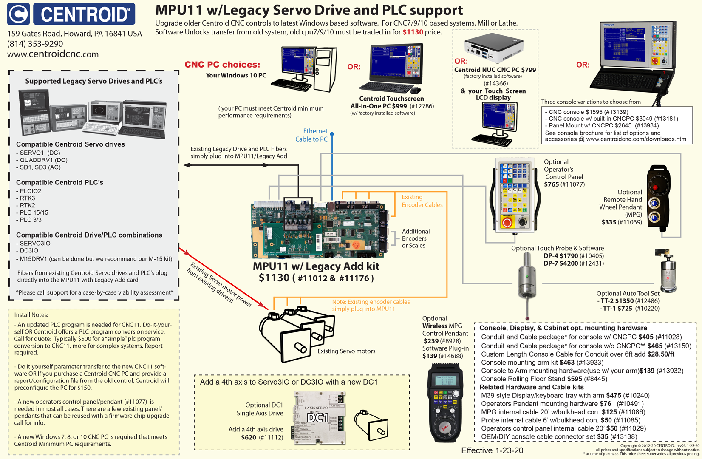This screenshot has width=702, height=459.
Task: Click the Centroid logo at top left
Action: [x=71, y=14]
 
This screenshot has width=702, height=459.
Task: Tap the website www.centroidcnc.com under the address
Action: [x=53, y=54]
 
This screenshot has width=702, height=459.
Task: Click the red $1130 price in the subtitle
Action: [x=413, y=32]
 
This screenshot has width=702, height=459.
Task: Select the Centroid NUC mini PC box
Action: [x=494, y=48]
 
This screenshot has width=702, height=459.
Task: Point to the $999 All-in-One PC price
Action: [x=399, y=106]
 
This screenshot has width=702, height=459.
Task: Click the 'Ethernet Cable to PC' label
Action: [x=311, y=135]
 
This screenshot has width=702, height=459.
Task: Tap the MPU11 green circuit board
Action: [x=319, y=229]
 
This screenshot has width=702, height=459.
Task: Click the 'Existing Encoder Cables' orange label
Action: [x=422, y=201]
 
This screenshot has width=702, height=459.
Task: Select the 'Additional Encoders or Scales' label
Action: [x=415, y=238]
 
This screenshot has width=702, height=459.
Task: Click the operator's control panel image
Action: [x=515, y=195]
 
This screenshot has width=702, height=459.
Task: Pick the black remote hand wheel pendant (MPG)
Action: [x=658, y=198]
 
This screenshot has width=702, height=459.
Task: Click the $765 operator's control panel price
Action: [x=552, y=184]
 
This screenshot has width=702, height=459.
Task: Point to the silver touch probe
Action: [x=526, y=280]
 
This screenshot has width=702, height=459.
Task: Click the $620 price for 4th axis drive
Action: [x=249, y=437]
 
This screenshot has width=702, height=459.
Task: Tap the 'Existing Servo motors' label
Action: [x=346, y=351]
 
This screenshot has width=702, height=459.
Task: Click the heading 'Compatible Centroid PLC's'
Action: [x=59, y=183]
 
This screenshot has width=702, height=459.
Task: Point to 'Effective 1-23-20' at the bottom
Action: [x=492, y=450]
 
